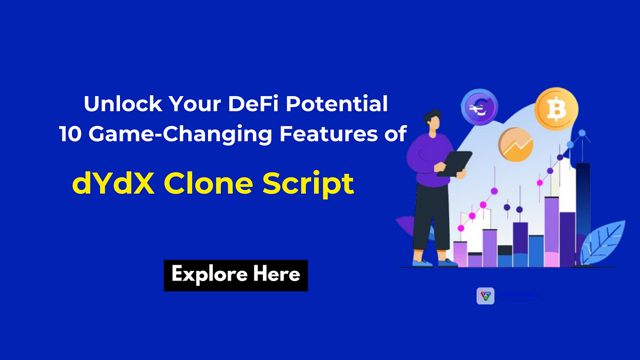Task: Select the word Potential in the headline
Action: pos(336,104)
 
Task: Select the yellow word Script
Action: pos(310,185)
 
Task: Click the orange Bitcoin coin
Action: pos(557,109)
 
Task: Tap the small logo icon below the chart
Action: pos(485,296)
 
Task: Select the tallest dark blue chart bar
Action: pos(582,213)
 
